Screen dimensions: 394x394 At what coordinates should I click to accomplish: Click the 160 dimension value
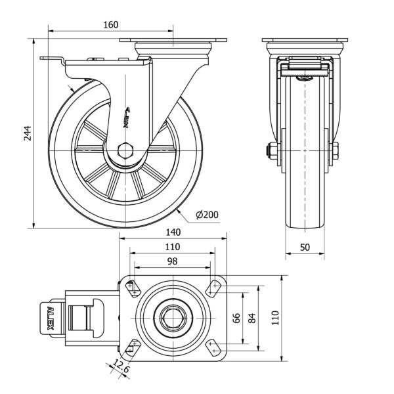pos(110,25)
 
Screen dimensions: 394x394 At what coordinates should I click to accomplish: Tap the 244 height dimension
pos(27,133)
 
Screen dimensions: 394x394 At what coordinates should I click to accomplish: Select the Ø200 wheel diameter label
pos(207,215)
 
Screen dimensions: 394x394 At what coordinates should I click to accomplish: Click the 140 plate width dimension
pos(173,232)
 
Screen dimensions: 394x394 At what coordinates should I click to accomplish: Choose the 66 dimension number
pos(238,317)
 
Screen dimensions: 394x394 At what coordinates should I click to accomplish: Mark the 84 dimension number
pos(252,317)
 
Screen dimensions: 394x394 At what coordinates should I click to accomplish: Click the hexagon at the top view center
pos(173,317)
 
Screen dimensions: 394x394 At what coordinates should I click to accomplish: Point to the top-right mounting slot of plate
pos(213,287)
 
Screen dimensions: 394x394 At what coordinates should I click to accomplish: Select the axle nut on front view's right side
pos(335,150)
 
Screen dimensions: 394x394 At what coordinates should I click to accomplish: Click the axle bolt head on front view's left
pos(271,150)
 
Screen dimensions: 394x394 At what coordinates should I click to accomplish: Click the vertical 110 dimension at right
pos(276,317)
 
